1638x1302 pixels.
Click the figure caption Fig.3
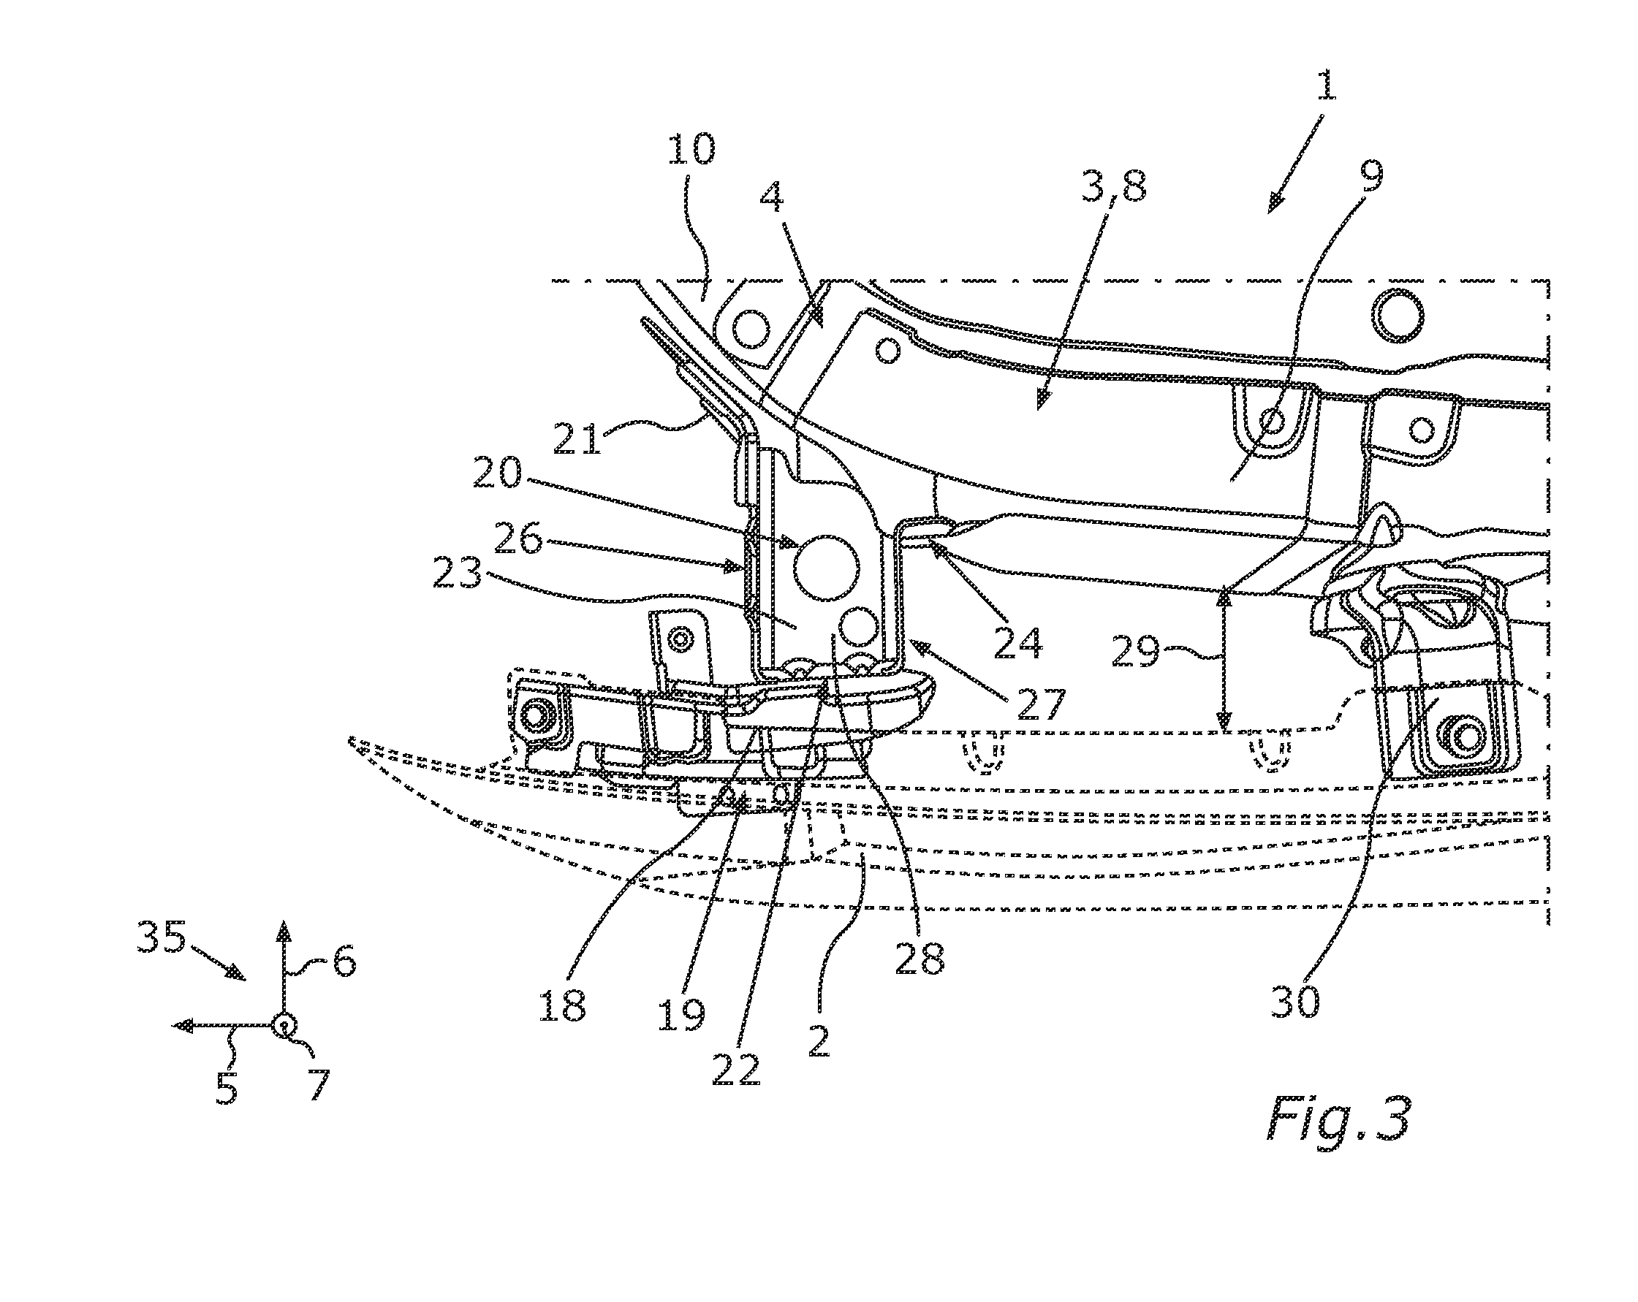[1338, 1119]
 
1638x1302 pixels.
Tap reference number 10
[691, 150]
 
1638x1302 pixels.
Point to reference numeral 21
[577, 438]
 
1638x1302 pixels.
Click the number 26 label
[519, 540]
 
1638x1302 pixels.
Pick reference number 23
[458, 574]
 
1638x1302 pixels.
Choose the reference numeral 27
[1042, 704]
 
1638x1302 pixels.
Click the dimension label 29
[1136, 652]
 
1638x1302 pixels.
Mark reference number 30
[1296, 1002]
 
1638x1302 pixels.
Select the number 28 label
[920, 959]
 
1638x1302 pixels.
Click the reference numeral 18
[562, 1007]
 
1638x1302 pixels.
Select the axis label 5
[227, 1089]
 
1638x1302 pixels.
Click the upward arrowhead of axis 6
[284, 932]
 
